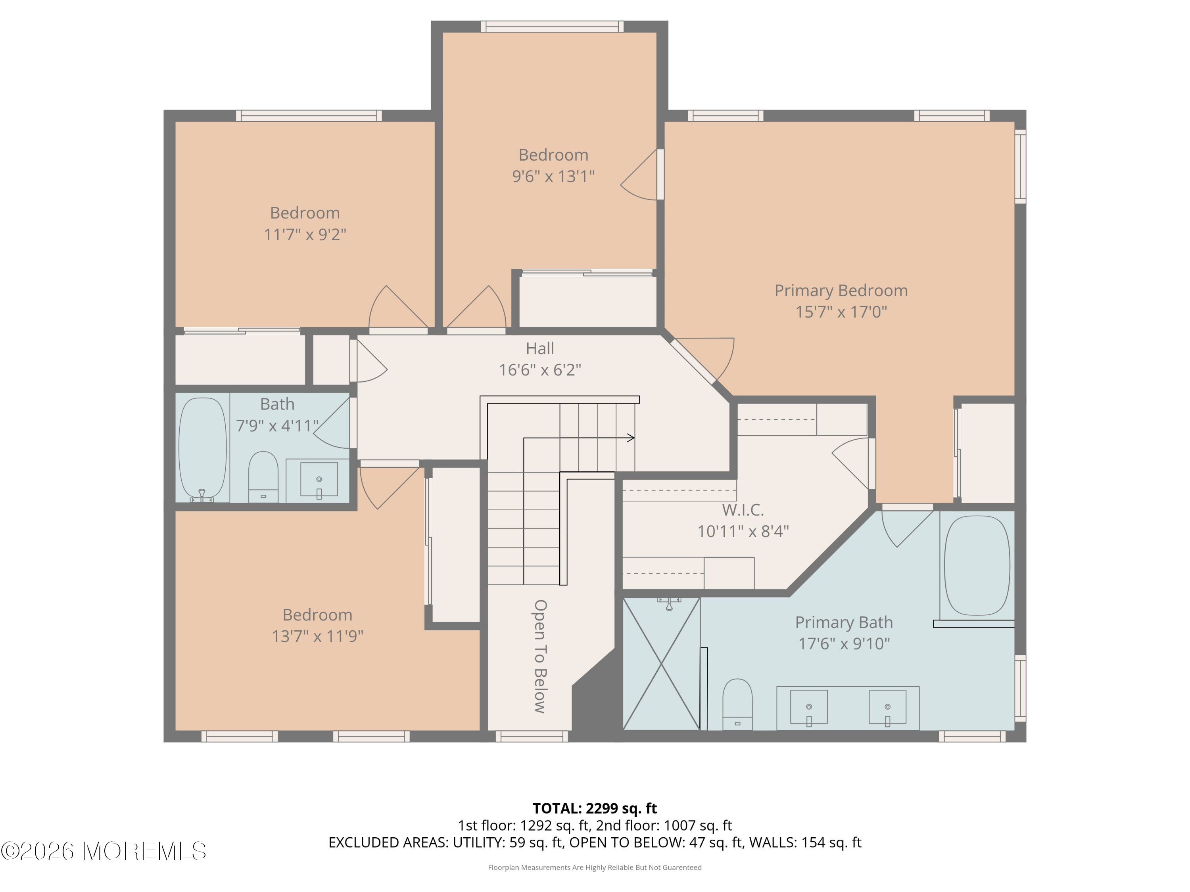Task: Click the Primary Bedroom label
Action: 841,291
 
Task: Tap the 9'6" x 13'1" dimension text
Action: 553,176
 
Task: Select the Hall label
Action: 539,348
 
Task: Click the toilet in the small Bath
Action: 263,477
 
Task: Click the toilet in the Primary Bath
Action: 737,704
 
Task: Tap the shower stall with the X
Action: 661,664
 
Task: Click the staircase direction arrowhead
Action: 631,438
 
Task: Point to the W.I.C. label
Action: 743,510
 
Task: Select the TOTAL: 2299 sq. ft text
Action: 595,808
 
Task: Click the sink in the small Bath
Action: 319,479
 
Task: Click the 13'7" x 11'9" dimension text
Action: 317,637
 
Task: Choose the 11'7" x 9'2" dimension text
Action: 305,234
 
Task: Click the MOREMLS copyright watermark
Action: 103,851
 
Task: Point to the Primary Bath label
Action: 844,622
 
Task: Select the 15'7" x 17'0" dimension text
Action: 841,312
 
